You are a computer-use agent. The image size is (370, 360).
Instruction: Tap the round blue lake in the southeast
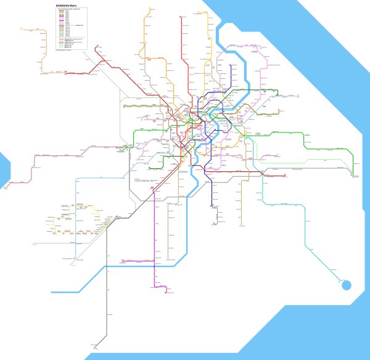[x=345, y=285]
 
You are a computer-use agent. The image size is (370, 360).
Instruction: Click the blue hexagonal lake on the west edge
[x=3, y=168]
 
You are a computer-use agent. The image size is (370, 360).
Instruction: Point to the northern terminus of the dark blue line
[x=231, y=65]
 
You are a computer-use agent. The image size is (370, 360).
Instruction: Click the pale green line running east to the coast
[x=308, y=162]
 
